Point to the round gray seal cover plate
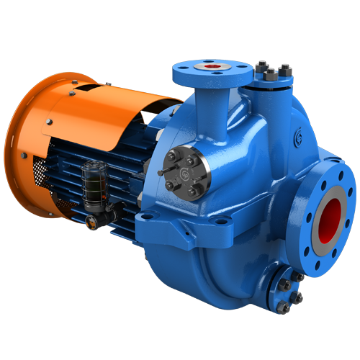pos(188,174)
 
